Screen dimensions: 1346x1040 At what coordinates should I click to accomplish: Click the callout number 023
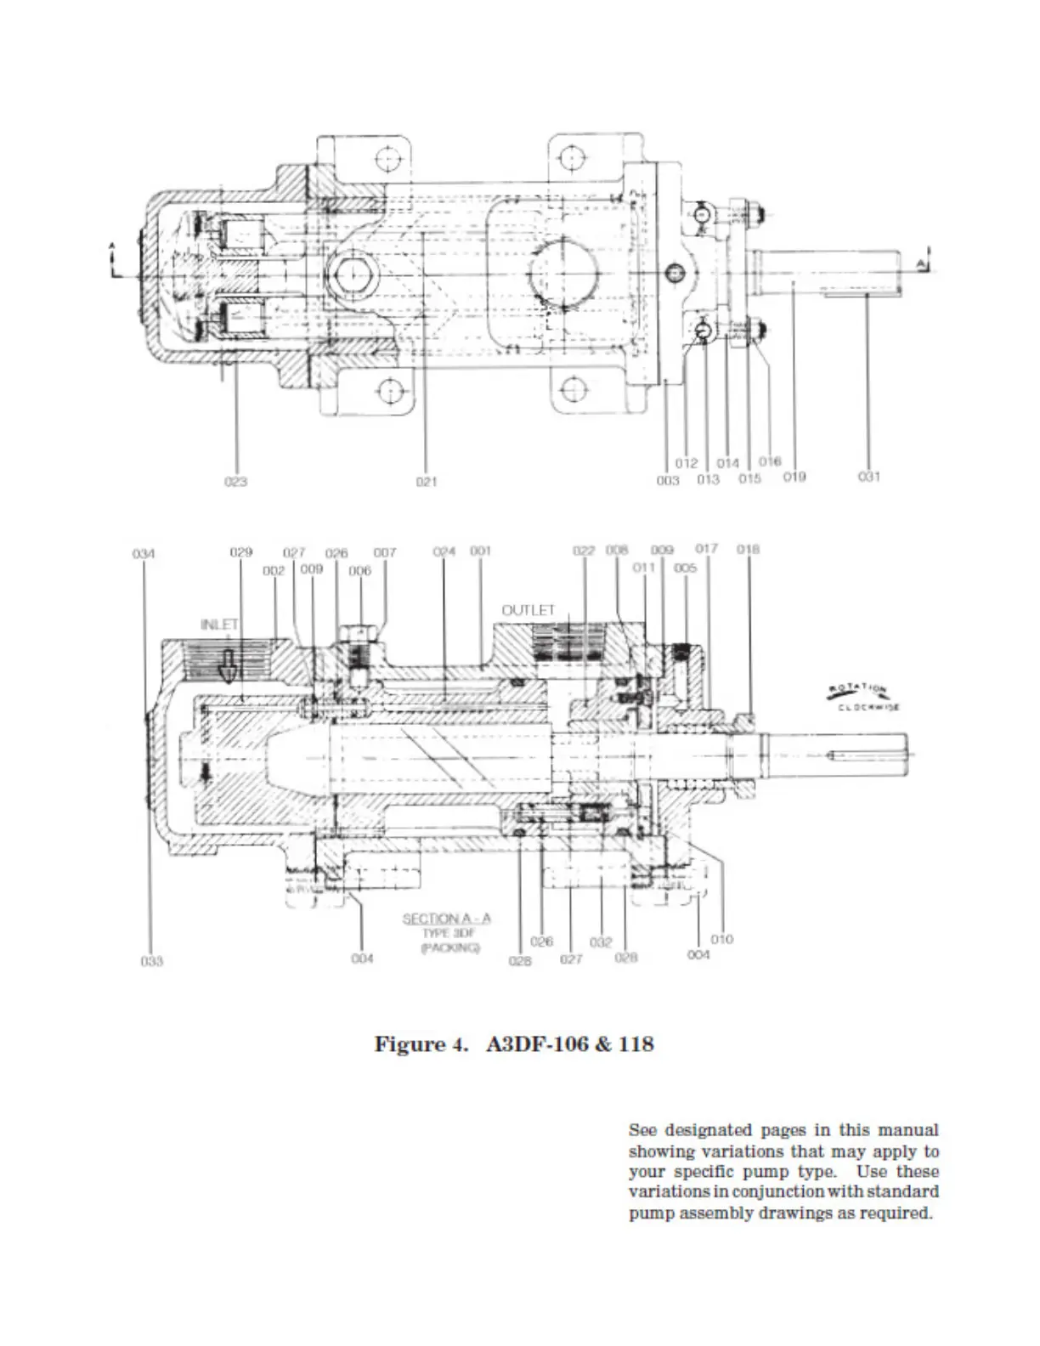(235, 482)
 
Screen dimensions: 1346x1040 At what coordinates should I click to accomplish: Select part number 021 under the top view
(427, 482)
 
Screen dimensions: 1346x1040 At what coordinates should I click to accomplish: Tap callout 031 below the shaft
(869, 477)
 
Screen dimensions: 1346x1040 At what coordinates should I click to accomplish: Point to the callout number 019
(794, 477)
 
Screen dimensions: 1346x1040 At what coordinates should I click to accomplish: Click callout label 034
(144, 554)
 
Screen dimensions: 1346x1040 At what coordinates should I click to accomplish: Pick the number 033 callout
(151, 961)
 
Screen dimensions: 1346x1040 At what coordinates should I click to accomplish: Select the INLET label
(219, 625)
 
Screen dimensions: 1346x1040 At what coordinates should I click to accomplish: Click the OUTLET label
(528, 610)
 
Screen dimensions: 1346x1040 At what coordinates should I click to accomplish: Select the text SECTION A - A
(446, 919)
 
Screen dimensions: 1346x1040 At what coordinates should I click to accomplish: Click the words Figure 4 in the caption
(421, 1043)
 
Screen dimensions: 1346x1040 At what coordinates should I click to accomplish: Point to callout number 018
(749, 549)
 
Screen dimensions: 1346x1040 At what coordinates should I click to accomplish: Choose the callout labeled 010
(721, 939)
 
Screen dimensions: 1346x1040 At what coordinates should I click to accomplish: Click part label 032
(601, 943)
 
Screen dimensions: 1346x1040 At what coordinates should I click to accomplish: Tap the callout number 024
(444, 551)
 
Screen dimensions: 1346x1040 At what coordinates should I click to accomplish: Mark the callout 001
(481, 551)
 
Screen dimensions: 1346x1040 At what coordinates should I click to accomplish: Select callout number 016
(769, 461)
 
